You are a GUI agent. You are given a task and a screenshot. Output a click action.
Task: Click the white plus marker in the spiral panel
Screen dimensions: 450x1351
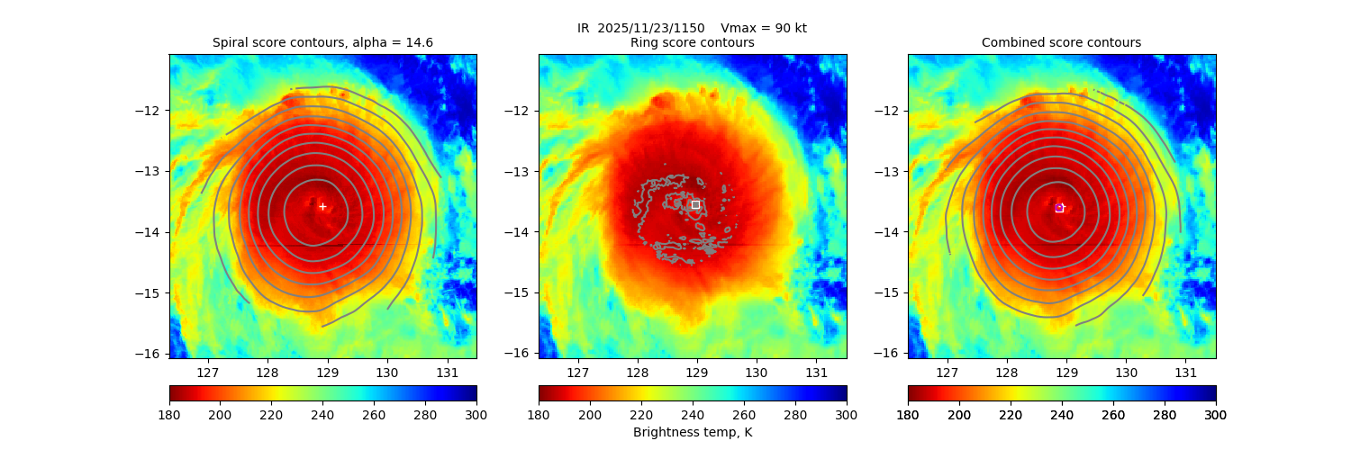pos(322,206)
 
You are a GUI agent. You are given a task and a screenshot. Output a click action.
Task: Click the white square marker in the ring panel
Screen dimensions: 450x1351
pos(695,204)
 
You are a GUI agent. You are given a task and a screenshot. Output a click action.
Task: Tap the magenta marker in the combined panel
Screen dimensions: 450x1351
pos(1059,208)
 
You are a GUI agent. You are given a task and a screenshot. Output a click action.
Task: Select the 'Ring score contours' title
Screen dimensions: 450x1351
pos(692,42)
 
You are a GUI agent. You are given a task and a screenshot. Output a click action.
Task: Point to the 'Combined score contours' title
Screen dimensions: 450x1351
pos(1061,42)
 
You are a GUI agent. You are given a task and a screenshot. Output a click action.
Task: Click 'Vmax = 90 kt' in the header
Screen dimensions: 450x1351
pos(764,28)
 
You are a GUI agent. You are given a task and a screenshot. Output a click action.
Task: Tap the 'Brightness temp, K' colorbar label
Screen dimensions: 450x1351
pos(692,433)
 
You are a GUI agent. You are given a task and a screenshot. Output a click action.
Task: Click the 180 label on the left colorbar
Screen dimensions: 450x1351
pos(169,414)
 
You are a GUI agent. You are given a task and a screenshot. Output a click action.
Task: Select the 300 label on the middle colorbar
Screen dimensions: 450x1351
pos(847,414)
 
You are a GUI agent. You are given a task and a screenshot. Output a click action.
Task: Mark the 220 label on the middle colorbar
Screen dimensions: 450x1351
pos(641,414)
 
